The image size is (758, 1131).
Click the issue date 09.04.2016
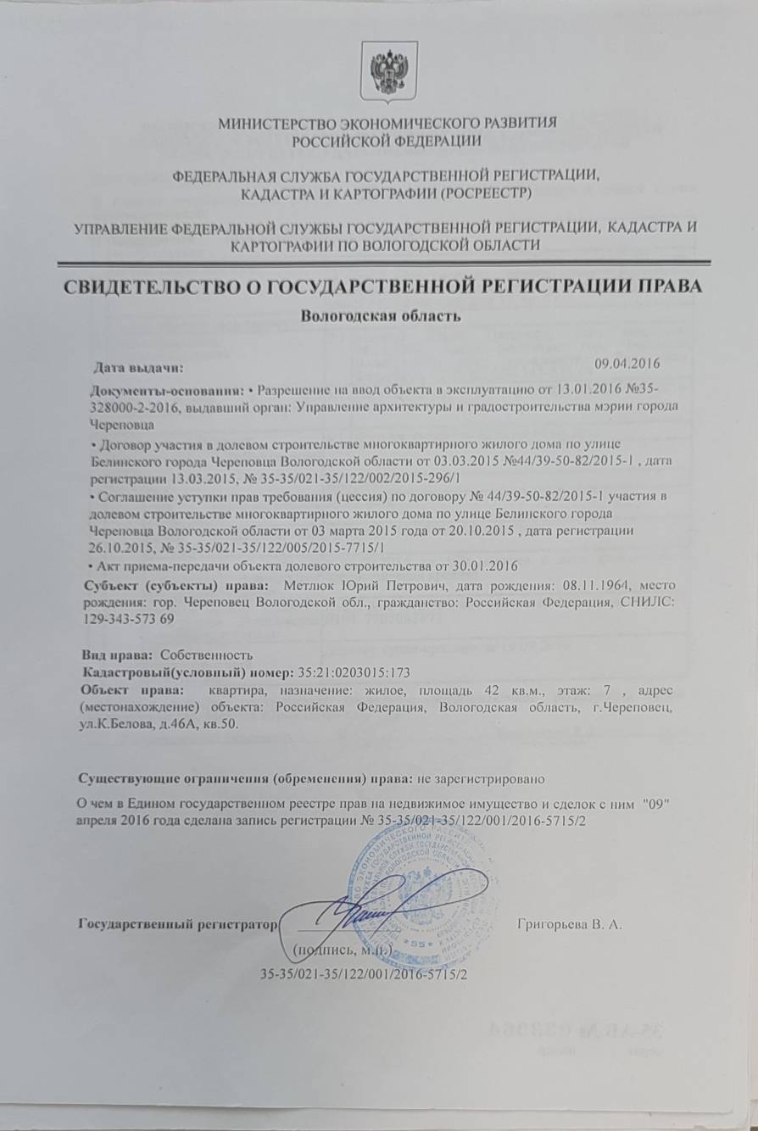(627, 363)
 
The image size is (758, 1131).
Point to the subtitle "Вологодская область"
(380, 317)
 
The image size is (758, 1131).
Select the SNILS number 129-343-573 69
(134, 620)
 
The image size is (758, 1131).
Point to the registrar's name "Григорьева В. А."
(570, 923)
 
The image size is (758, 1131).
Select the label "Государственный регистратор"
(178, 923)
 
